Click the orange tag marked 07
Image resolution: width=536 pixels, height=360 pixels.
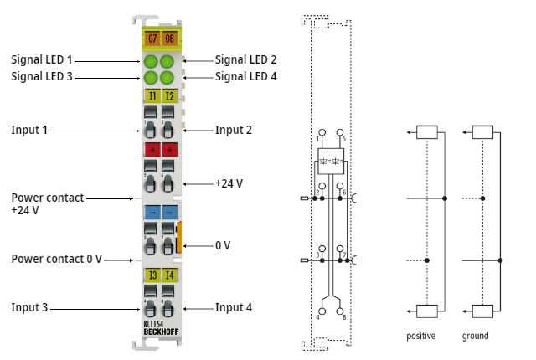pos(152,39)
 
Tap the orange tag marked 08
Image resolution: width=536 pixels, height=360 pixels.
pos(169,39)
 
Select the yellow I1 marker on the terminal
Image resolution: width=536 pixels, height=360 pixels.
pos(152,96)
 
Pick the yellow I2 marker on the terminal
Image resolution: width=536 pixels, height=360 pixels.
pos(169,96)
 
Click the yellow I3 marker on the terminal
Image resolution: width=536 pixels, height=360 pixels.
pos(152,275)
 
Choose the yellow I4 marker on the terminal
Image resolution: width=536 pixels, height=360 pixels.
pos(169,275)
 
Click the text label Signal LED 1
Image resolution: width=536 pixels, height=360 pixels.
pos(42,60)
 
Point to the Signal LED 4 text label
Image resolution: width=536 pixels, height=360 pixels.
pos(245,76)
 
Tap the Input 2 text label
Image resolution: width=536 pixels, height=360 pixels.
pos(234,130)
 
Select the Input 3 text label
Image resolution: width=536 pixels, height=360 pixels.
pos(29,307)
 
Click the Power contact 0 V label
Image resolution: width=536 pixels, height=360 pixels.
pos(56,259)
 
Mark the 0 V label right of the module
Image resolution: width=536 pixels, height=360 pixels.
pos(222,245)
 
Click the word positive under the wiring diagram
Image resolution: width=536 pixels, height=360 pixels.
pos(422,336)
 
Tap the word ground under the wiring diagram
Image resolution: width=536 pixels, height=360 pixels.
pos(475,336)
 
